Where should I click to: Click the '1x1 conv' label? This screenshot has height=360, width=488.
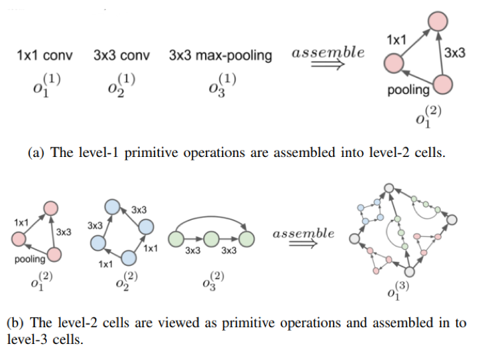click(45, 55)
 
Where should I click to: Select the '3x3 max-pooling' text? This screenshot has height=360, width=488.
click(220, 55)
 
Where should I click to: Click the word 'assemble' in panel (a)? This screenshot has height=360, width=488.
click(328, 52)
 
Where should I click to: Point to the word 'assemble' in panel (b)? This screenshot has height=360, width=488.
click(303, 234)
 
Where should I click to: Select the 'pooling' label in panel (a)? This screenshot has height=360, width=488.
click(408, 89)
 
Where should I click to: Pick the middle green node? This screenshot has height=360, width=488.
click(211, 238)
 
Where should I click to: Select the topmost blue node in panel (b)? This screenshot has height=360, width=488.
click(113, 206)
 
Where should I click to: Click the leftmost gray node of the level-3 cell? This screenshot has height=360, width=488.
click(354, 237)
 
